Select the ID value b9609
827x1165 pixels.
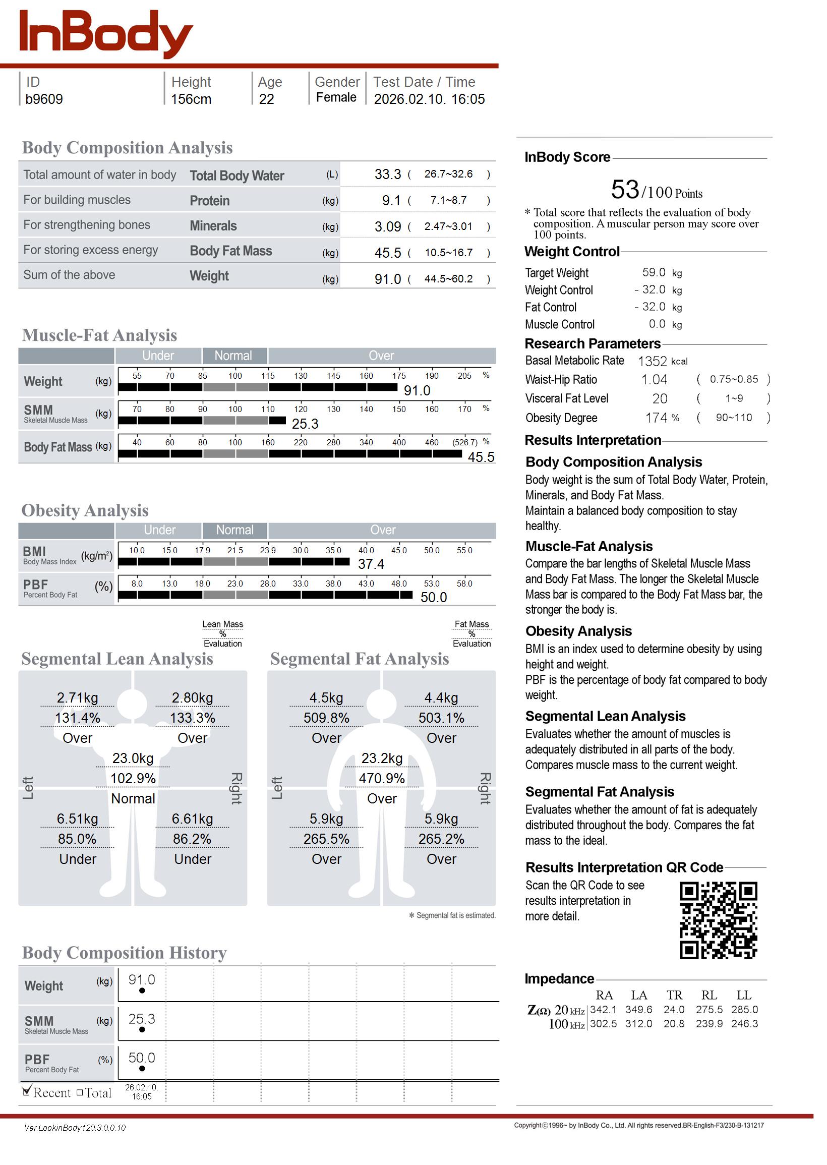tap(44, 99)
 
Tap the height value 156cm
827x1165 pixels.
tap(191, 99)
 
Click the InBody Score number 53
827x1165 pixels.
tap(625, 190)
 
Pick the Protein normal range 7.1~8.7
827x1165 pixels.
tap(448, 200)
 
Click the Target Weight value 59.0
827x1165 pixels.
tap(654, 272)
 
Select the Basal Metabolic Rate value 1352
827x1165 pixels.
tap(652, 362)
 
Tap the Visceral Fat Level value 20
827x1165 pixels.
tap(660, 399)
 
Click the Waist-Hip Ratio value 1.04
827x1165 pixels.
tap(654, 380)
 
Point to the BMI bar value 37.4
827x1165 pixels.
tap(371, 564)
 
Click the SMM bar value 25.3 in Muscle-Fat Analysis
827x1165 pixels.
tap(305, 424)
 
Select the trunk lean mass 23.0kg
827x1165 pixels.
tap(133, 759)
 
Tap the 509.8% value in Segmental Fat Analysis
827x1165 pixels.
tap(326, 718)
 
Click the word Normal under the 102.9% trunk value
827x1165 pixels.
tap(133, 798)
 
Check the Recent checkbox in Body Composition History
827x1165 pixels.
tap(27, 1091)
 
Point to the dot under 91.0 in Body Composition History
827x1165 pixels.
tap(142, 991)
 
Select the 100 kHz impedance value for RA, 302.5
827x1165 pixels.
tap(603, 1023)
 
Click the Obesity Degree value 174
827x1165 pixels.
tap(656, 418)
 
